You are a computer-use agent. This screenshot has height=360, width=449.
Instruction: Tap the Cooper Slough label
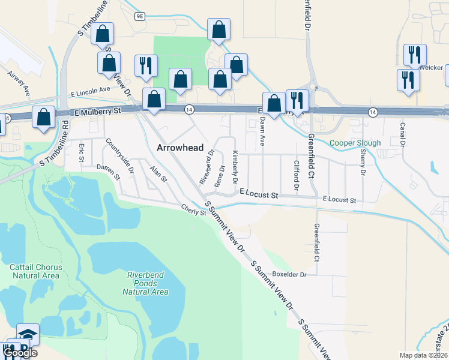coord(355,143)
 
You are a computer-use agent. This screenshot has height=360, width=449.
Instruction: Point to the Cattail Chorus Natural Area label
coord(34,271)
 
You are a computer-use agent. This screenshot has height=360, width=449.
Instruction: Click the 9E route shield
coord(140,16)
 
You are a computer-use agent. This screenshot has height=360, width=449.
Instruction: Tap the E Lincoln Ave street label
coord(90,91)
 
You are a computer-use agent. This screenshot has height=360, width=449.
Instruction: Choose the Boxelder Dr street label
coord(289,274)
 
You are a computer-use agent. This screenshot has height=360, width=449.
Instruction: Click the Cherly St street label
coord(194,208)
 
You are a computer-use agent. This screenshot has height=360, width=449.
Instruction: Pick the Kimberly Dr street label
coord(235,167)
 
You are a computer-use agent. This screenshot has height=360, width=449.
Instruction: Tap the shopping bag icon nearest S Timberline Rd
coord(44,116)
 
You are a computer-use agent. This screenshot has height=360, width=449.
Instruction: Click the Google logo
coord(20,353)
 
